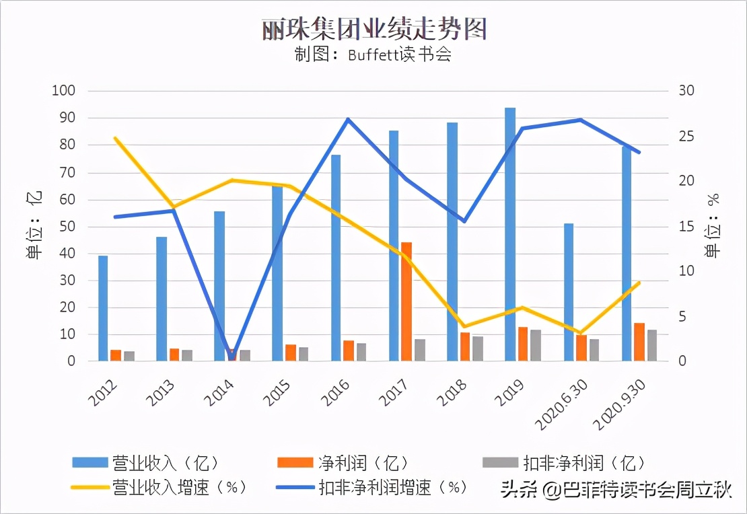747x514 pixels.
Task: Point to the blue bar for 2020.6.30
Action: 569,292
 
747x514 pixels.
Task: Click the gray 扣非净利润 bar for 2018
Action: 478,348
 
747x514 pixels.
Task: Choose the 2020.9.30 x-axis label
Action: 620,404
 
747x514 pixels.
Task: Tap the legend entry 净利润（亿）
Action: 343,462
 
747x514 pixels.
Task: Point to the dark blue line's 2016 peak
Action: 348,119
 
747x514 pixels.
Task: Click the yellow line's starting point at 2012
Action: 115,138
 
